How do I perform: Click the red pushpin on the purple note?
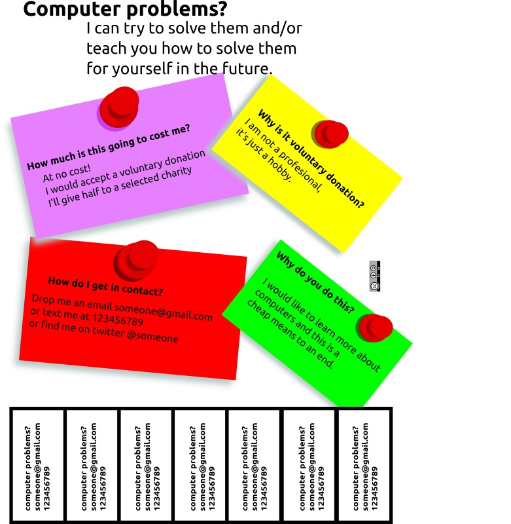pos(119,106)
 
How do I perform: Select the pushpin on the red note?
pos(137,259)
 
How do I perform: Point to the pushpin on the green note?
pos(375,327)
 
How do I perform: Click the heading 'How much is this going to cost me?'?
pos(109,147)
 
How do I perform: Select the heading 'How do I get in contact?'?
pos(105,286)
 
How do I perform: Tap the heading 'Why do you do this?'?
pos(315,282)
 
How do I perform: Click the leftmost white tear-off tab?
pos(38,465)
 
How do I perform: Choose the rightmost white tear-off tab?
pos(364,465)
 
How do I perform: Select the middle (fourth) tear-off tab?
pos(200,465)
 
